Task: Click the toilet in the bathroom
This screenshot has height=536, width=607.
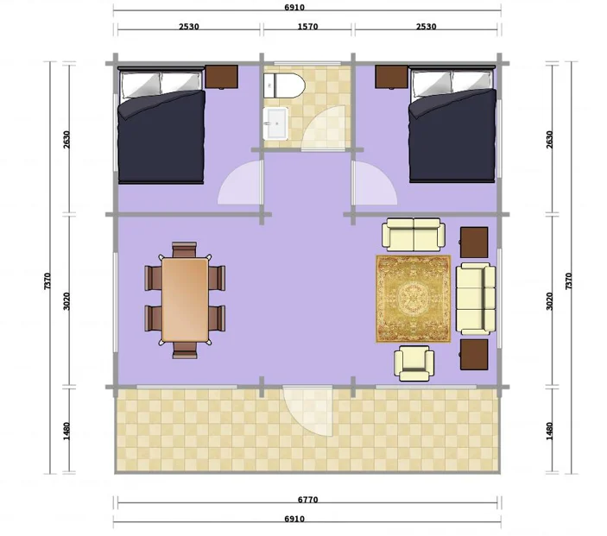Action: pos(284,85)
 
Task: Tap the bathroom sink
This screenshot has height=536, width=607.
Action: pos(275,123)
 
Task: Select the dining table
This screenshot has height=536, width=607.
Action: pos(185,300)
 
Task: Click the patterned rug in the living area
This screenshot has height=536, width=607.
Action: pos(414,299)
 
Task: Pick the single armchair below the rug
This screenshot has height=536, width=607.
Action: pos(414,363)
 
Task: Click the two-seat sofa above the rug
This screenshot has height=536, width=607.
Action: pos(414,235)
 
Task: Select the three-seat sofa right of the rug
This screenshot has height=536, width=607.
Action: pos(476,298)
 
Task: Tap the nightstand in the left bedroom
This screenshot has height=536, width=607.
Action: pos(221,77)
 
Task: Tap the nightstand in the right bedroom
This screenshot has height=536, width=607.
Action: pos(392,77)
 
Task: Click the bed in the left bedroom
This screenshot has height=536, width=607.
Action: pos(161,125)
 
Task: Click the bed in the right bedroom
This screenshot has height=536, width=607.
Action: pos(452,124)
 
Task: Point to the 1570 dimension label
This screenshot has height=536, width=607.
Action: pos(307,27)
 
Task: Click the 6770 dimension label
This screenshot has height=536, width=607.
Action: pos(307,500)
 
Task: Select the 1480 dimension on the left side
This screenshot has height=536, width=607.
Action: pos(66,431)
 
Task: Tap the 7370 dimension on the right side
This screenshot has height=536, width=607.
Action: pos(569,281)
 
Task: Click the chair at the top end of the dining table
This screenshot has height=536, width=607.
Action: pos(185,249)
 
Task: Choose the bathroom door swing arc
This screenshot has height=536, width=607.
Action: pos(323,128)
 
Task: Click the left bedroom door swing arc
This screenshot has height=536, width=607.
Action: pos(240,182)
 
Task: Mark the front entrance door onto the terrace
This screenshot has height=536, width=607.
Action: pos(307,410)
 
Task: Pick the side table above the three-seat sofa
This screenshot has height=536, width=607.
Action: pos(474,243)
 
